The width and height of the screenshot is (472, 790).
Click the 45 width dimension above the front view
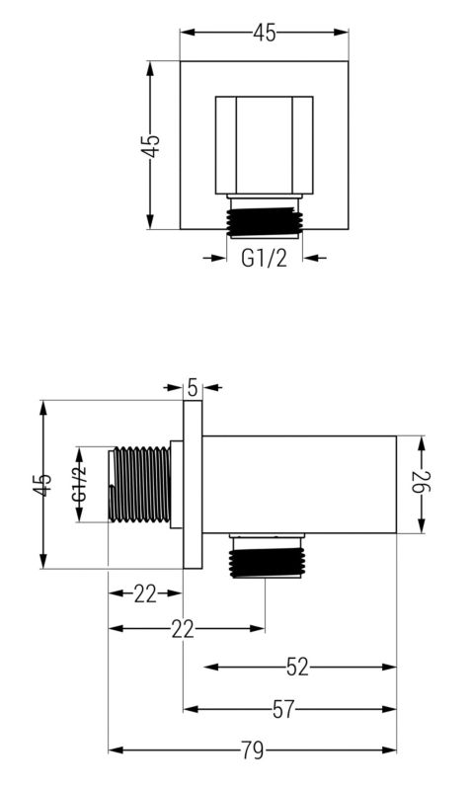pyautogui.click(x=264, y=33)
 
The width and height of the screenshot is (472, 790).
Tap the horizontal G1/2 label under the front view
pyautogui.click(x=264, y=260)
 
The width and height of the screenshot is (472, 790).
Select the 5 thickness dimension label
pyautogui.click(x=193, y=386)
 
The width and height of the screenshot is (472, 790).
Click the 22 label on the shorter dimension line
pyautogui.click(x=145, y=592)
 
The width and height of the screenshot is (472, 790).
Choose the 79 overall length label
pyautogui.click(x=252, y=750)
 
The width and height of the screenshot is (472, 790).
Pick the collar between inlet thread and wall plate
pyautogui.click(x=176, y=485)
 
